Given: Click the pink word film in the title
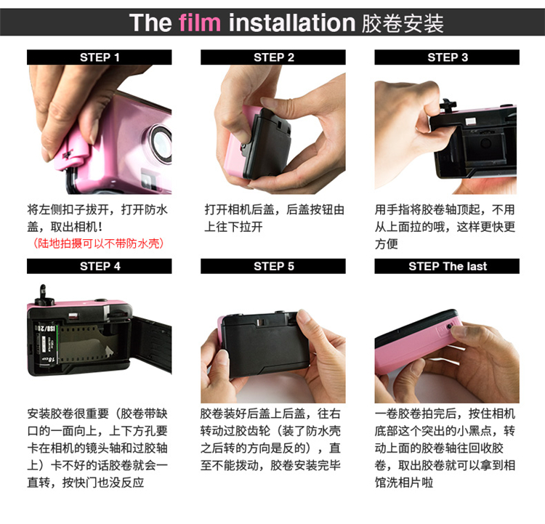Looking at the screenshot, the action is pos(200,23).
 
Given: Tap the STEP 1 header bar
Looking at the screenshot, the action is pos(100,57).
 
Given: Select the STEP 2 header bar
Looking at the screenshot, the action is pos(273,57).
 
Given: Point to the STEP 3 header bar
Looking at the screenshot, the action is pos(447,57).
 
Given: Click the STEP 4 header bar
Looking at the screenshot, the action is pos(100,266).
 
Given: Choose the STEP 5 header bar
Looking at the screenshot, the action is pos(273,266).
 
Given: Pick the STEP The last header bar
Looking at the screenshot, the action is pos(447,266).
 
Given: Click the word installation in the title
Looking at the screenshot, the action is pos(292,23).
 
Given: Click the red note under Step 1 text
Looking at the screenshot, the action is pos(98,243).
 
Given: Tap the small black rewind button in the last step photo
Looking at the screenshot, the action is pos(449,326).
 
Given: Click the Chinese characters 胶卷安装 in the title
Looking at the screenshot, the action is pos(403,23).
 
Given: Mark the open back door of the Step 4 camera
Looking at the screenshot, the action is pos(152,342).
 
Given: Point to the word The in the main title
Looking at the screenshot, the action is pos(150,23).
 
